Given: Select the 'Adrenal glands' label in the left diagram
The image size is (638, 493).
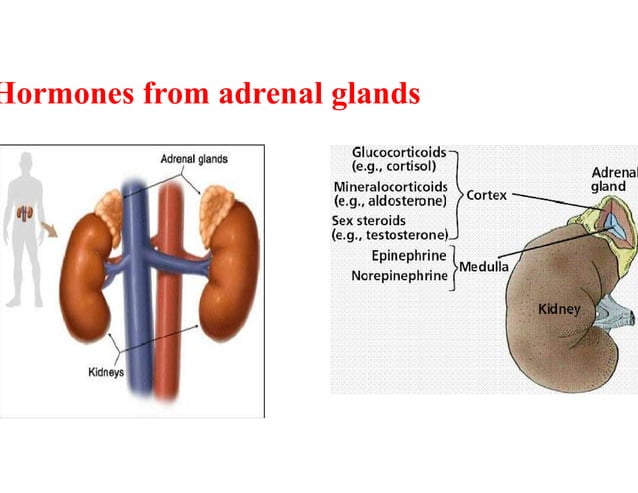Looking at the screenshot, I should click(x=194, y=159).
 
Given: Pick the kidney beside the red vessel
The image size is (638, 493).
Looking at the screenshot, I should click(x=229, y=275).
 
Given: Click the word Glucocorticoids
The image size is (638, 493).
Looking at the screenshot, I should click(x=398, y=152).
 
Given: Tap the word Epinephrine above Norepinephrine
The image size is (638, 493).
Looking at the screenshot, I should click(x=408, y=256).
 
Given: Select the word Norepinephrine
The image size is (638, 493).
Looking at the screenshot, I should click(x=399, y=274).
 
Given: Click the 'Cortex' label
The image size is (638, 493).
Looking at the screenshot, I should click(x=488, y=195).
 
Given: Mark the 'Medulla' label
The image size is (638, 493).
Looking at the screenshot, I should click(x=484, y=266).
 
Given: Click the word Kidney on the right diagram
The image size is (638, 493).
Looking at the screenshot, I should click(x=559, y=309).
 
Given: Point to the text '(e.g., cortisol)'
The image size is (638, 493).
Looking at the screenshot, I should click(x=393, y=166).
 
